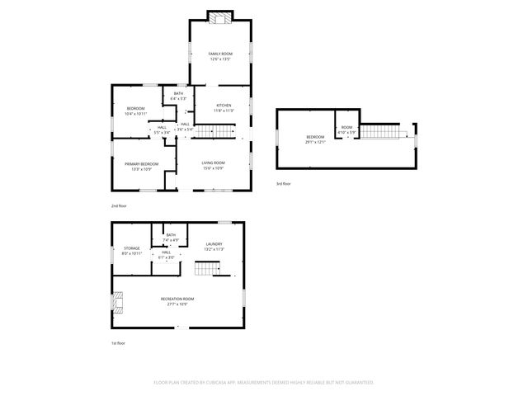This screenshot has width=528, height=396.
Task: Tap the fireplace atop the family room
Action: click(x=220, y=16)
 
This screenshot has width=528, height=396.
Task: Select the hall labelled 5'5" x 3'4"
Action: click(x=162, y=130)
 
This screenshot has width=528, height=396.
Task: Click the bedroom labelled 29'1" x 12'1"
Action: click(x=316, y=139)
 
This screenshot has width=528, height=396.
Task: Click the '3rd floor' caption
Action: click(x=283, y=184)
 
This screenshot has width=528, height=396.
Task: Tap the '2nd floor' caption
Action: click(x=120, y=205)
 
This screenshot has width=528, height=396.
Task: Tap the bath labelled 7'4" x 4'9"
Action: click(x=171, y=238)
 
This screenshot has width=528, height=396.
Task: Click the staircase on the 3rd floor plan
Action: click(x=384, y=131)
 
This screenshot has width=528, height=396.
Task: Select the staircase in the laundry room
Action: click(x=207, y=268)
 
